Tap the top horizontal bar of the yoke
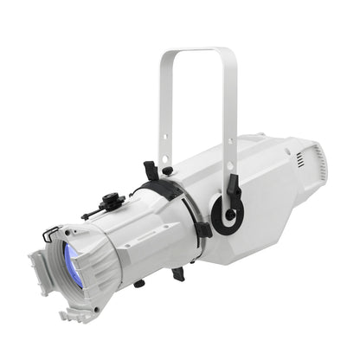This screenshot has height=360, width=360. [x=196, y=53]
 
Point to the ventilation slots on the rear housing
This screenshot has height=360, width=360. [x=299, y=161]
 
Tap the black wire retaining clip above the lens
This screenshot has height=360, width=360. [x=55, y=231]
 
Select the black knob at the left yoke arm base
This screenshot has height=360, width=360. [x=167, y=170]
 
